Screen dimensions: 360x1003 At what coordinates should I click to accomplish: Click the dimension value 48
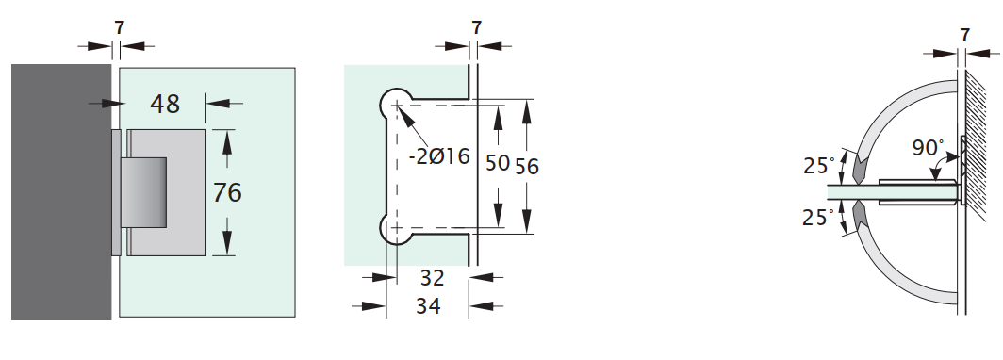[x=165, y=104]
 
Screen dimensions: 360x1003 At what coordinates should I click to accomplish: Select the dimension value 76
[x=227, y=192]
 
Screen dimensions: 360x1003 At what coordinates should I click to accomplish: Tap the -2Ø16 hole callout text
[x=440, y=156]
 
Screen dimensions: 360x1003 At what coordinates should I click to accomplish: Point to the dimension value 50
[x=497, y=163]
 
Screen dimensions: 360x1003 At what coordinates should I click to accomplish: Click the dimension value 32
[x=432, y=278]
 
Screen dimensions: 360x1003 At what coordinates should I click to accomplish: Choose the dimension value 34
[x=427, y=306]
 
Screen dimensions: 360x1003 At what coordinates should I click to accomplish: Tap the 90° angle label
[x=928, y=148]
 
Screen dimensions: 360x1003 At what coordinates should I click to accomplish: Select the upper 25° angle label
[x=818, y=166]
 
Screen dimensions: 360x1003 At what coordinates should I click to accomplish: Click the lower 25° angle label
[x=818, y=218]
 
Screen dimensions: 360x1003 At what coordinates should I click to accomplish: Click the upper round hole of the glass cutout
[x=396, y=105]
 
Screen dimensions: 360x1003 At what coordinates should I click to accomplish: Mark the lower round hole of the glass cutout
[x=396, y=227]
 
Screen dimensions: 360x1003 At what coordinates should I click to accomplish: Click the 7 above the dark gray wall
[x=119, y=27]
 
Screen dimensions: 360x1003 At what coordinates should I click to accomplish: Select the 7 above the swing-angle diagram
[x=964, y=35]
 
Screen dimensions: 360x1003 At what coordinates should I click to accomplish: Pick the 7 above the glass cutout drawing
[x=476, y=27]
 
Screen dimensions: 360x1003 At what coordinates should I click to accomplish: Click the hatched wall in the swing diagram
[x=980, y=188]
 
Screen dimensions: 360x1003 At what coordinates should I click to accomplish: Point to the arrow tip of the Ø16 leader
[x=402, y=112]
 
